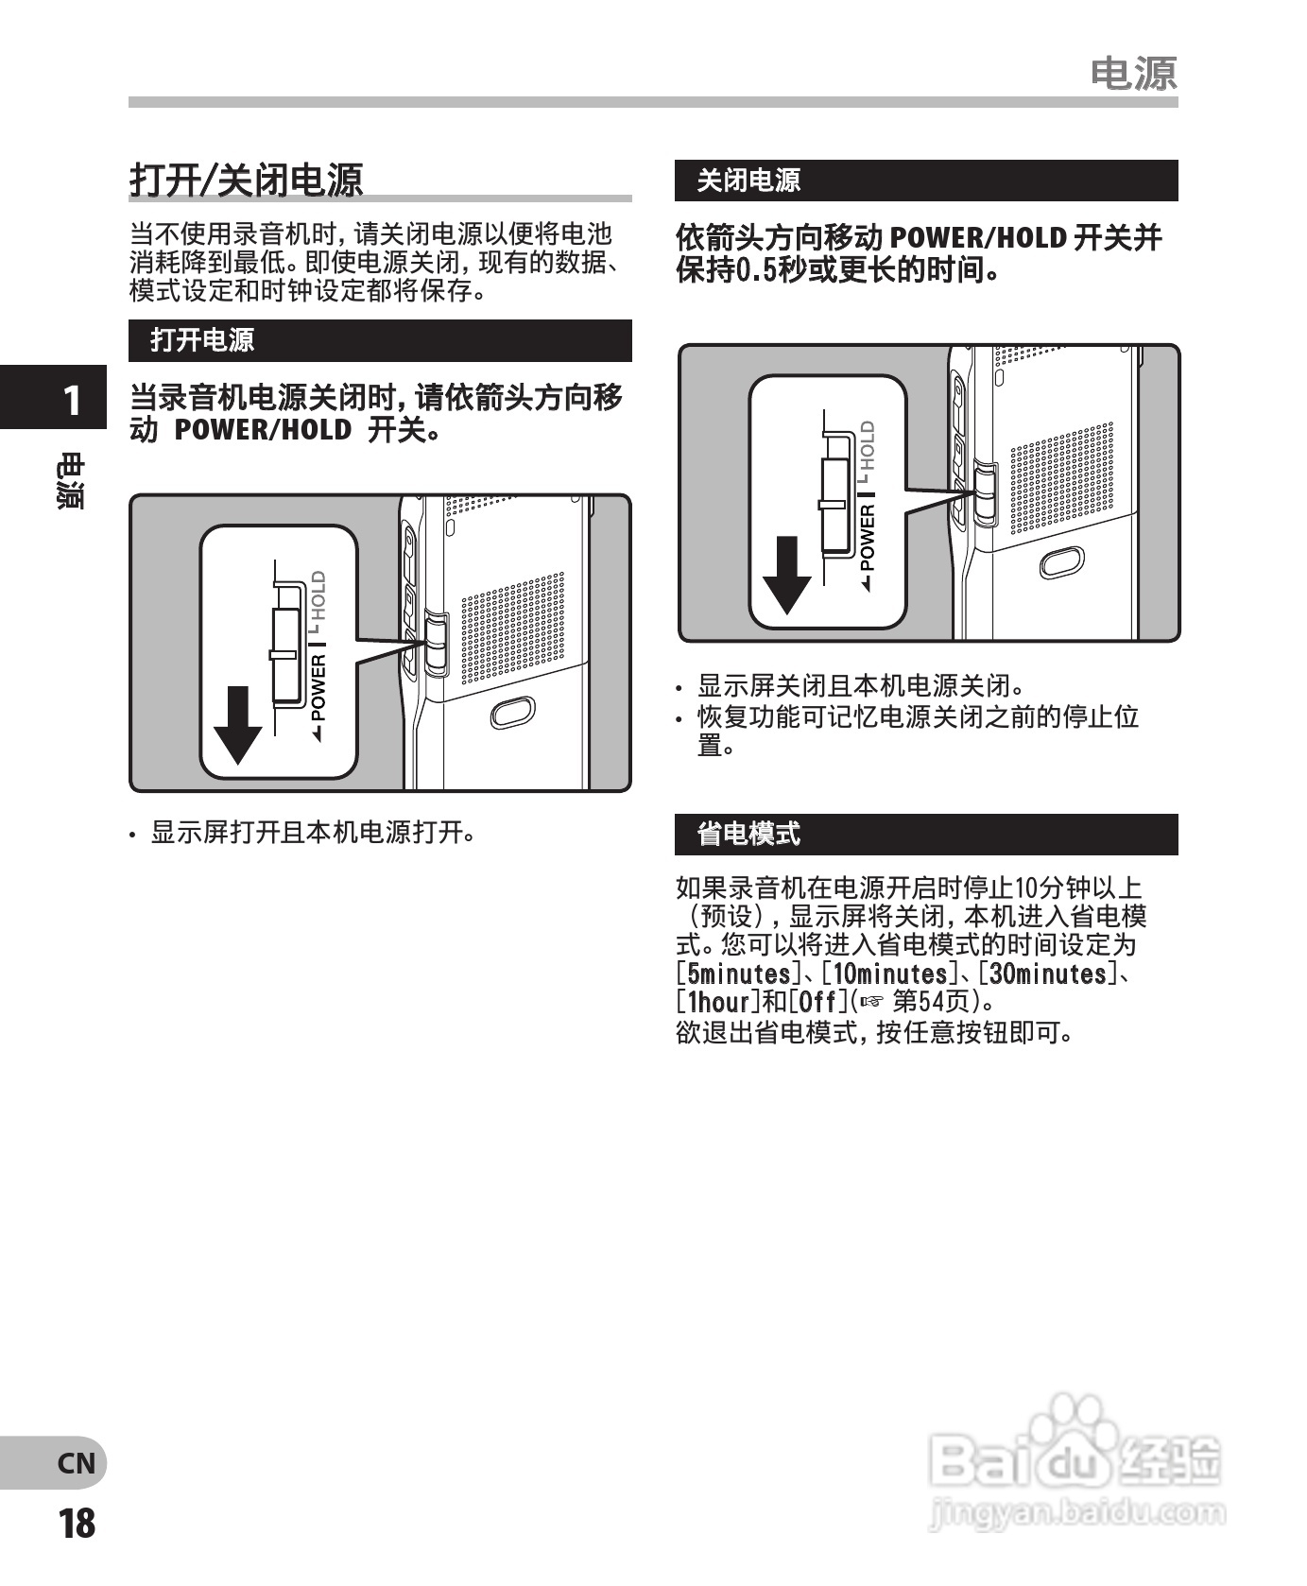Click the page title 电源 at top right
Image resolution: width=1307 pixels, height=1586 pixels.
tap(1133, 74)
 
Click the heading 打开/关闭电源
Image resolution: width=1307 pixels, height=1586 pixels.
tap(246, 180)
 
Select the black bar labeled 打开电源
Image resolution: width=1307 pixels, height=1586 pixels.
tap(379, 340)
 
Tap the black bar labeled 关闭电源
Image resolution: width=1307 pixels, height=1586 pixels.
tap(925, 181)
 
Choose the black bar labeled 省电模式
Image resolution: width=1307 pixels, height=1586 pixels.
tap(925, 834)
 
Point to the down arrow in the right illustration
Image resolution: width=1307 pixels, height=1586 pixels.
tap(786, 575)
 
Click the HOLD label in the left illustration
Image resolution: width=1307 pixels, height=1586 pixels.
tap(318, 595)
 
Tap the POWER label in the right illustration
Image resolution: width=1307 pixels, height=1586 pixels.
tap(868, 537)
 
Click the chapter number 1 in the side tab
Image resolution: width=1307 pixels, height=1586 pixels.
tap(70, 401)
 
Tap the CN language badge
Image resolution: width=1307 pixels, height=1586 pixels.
tap(76, 1463)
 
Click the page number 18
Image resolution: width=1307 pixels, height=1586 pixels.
tap(76, 1524)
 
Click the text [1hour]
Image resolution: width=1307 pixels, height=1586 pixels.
tap(717, 1002)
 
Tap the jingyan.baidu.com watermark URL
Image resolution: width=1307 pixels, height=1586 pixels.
tap(1076, 1513)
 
